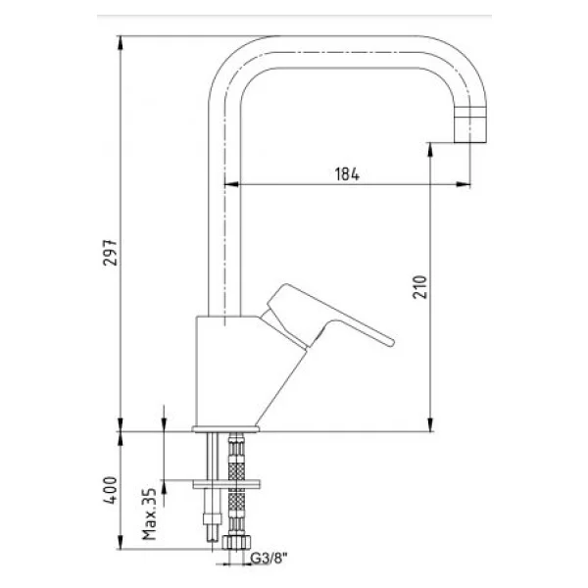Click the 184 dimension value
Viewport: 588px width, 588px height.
(347, 174)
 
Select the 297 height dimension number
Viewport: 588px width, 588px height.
(110, 253)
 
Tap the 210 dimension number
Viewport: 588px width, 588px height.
(420, 287)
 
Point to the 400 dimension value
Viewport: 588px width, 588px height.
(111, 490)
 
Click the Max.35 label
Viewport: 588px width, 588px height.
(150, 514)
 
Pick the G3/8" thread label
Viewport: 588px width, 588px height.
(269, 559)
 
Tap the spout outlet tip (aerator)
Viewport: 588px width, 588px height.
(470, 124)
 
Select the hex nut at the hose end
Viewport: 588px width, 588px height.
(236, 542)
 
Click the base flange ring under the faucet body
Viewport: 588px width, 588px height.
(225, 429)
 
